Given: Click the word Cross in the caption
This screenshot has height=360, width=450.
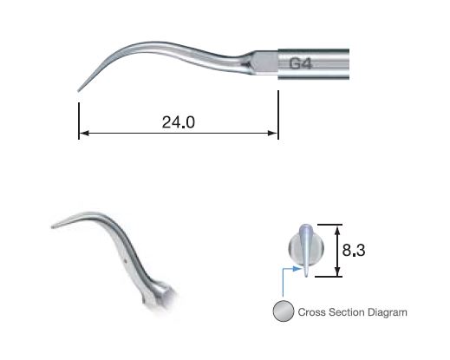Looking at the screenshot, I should pos(312,311).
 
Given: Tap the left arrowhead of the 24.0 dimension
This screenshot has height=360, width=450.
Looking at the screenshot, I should pos(82,134).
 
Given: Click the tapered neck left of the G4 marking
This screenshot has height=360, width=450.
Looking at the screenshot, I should pos(251,63).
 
